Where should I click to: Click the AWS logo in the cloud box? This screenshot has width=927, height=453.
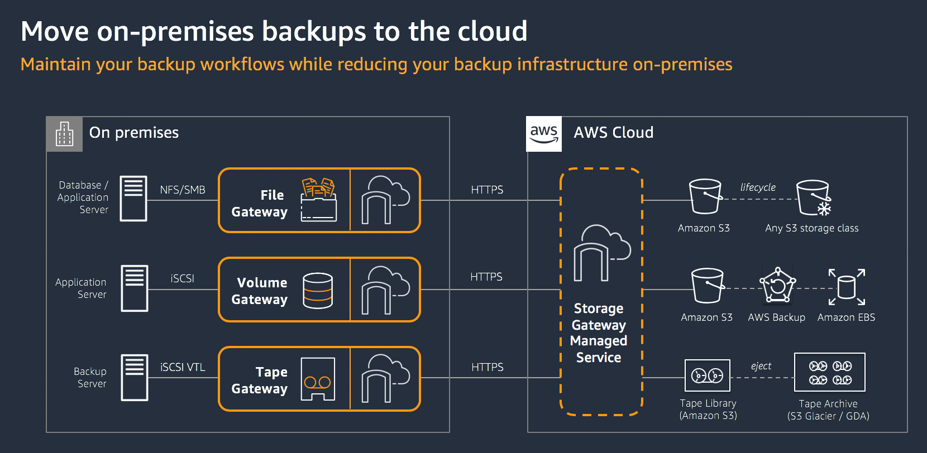544,134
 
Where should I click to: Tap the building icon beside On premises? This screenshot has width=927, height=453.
64,134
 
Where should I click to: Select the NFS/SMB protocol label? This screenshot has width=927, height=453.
183,190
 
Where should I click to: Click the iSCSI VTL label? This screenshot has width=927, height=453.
183,367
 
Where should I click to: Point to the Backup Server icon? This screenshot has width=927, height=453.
135,378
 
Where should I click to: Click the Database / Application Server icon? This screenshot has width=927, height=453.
133,199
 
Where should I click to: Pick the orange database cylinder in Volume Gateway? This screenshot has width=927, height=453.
318,290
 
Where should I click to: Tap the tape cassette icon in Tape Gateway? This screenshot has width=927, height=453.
318,379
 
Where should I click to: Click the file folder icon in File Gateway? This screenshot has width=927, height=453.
318,200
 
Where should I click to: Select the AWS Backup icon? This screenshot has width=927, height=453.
777,286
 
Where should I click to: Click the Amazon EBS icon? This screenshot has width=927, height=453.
847,287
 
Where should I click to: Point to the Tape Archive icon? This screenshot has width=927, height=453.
830,372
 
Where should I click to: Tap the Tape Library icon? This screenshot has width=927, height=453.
708,375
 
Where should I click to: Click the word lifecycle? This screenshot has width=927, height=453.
758,187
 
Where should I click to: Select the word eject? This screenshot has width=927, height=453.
761,366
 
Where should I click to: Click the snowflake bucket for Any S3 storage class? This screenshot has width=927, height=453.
814,198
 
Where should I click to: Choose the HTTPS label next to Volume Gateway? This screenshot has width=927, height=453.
486,277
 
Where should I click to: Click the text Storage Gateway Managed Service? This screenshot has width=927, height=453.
599,332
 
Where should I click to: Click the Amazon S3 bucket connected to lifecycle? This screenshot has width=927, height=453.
705,196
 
